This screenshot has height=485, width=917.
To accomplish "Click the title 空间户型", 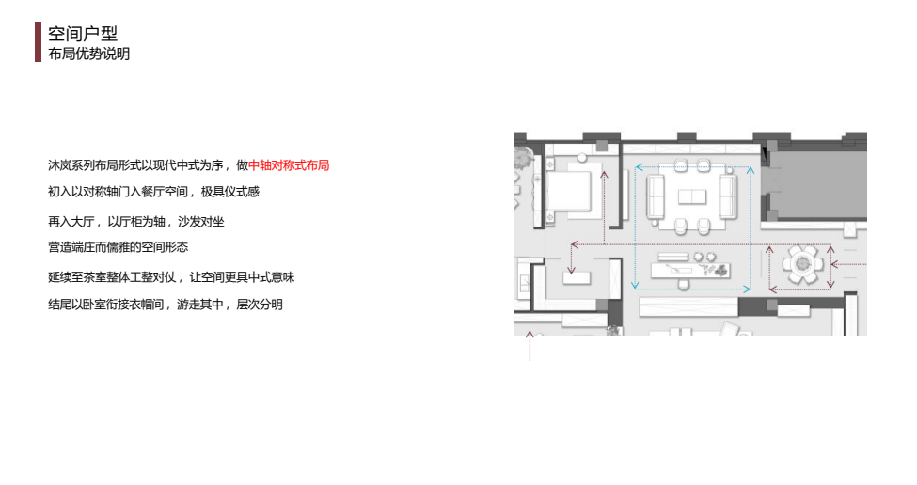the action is coord(83,34).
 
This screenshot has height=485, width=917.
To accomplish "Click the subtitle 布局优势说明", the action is coord(89,54).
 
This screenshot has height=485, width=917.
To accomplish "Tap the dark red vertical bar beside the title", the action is coord(38,42).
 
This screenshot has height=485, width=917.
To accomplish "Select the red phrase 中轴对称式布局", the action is coord(289,165).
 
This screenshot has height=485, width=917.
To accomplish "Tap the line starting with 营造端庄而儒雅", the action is coord(119,247).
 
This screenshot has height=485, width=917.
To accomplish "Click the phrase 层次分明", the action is coord(260,305).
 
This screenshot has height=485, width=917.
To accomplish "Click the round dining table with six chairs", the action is coord(802,265).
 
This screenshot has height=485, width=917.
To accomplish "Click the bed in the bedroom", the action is coord(567,191).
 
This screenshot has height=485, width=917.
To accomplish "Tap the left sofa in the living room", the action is coord(656,197).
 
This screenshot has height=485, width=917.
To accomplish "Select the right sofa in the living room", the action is coord(728,197).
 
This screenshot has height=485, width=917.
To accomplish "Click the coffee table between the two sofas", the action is coord(692,197).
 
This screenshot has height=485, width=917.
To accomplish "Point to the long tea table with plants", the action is coord(690,271).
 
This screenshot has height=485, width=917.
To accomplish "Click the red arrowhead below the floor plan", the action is coord(530,335).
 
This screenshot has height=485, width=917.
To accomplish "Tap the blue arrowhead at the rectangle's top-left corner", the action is coord(640,167).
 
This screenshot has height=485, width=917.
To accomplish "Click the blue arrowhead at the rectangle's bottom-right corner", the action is coord(746,289).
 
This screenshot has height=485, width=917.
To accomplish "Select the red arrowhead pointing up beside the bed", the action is coord(604,174).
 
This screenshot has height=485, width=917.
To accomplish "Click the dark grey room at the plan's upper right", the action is coord(817,181).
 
